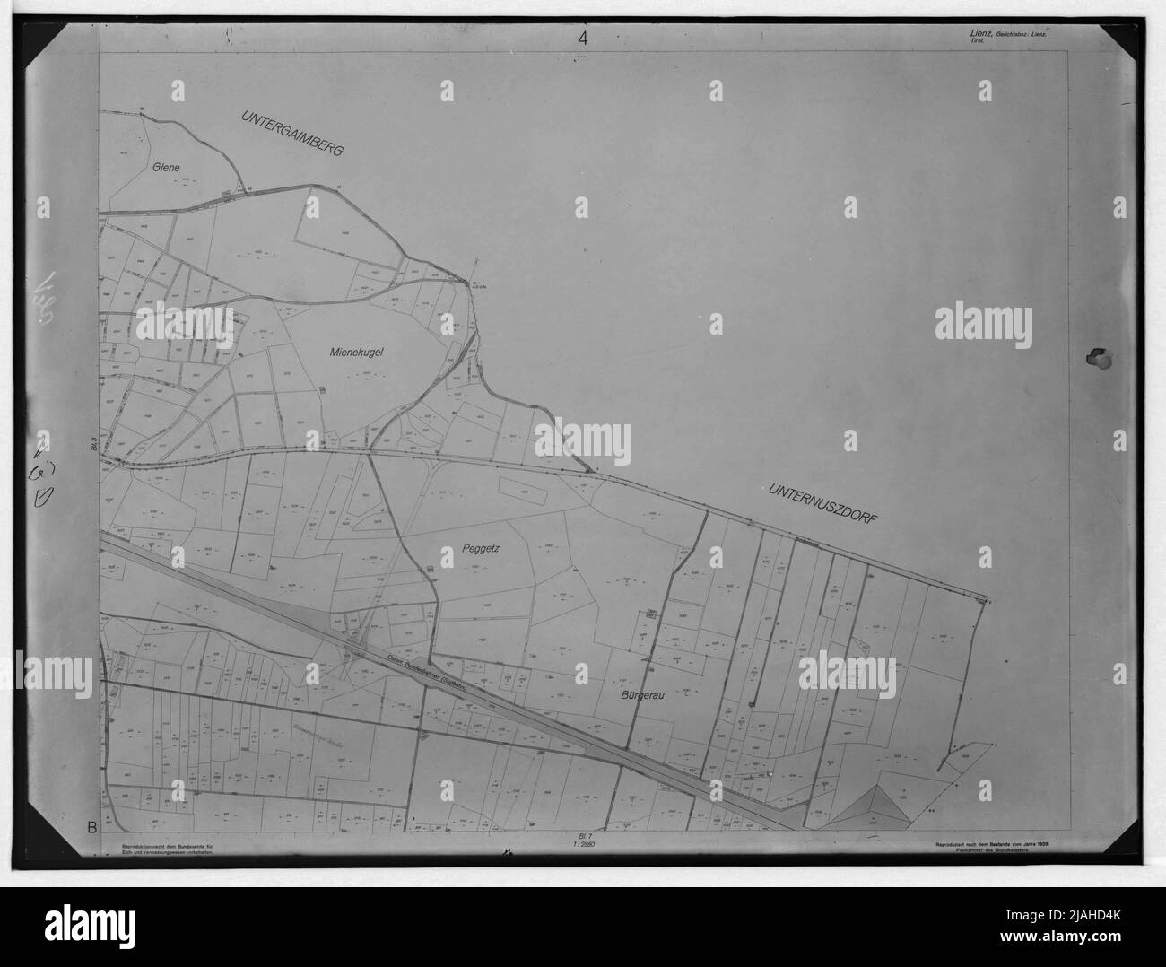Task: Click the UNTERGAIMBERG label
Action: click(292, 134)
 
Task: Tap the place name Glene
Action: click(167, 167)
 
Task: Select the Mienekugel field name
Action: click(356, 353)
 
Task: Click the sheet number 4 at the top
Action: click(583, 38)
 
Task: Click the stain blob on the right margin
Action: click(1097, 356)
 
